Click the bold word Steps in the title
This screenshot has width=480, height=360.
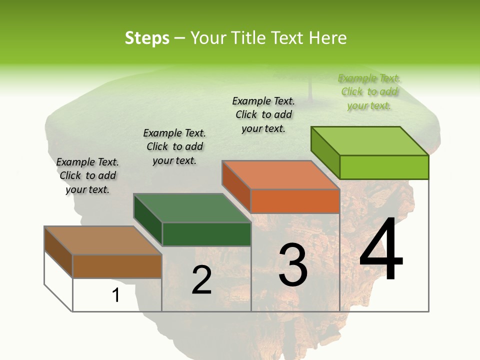point(147,38)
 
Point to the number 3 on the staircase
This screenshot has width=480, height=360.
point(293,264)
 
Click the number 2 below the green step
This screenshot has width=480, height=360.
point(201,280)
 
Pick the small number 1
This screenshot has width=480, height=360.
point(116,295)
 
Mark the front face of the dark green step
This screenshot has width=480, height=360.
point(206,234)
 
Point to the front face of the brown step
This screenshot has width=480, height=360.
point(117,266)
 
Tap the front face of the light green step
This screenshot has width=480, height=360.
point(384,167)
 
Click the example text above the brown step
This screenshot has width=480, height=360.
point(87,175)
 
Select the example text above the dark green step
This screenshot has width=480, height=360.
point(174,146)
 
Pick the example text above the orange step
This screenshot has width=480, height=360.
point(263,114)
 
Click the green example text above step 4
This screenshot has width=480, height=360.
point(369,91)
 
